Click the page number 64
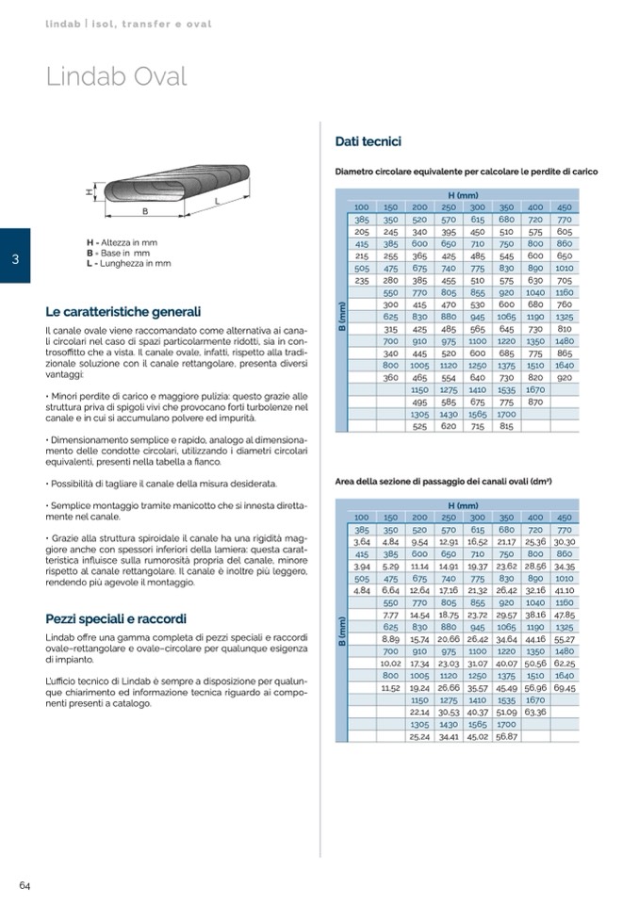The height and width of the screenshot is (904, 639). (25, 885)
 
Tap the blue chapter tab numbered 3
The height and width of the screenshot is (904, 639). (15, 255)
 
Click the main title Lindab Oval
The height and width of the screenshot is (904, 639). (117, 76)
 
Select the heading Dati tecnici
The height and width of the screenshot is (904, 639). (369, 141)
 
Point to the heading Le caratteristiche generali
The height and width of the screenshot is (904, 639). (123, 311)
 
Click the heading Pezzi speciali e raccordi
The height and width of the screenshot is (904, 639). (116, 618)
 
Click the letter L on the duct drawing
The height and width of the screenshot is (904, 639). (218, 200)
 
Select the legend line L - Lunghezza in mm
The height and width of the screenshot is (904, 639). (128, 264)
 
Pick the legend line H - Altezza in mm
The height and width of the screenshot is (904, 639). (122, 243)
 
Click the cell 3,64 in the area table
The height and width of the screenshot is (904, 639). (362, 542)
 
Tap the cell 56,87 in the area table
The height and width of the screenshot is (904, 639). (506, 736)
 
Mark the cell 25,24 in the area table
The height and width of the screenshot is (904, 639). (419, 736)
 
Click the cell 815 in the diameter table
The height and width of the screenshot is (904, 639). (506, 426)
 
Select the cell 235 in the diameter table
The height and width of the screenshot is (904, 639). (362, 280)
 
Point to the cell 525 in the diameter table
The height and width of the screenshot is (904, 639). (419, 426)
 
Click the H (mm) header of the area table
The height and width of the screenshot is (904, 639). (463, 506)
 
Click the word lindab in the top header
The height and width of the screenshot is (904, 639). (64, 23)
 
